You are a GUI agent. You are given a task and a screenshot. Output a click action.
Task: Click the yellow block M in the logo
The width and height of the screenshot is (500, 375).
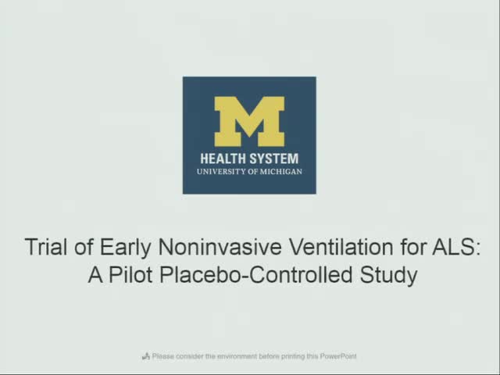tap(249, 121)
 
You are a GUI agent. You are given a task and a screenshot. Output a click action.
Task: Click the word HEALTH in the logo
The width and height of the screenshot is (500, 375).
tap(223, 157)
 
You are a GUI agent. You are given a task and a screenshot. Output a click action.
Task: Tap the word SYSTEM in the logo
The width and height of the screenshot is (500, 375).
tap(273, 157)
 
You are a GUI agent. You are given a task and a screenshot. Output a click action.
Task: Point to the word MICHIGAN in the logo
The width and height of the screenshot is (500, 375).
tap(282, 171)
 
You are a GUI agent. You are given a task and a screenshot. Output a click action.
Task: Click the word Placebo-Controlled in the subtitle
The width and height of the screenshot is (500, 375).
tap(255, 275)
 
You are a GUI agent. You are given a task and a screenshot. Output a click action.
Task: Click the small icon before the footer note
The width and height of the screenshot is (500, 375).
tap(146, 356)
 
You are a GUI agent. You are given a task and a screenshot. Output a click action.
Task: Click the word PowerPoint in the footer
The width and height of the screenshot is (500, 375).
tap(339, 356)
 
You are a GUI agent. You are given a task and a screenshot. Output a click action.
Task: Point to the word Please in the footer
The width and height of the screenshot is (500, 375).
tap(162, 356)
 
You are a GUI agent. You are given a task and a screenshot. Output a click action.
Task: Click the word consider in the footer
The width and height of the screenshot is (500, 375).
tap(190, 356)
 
